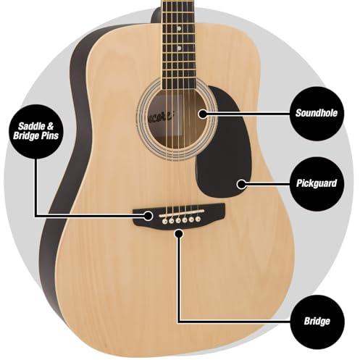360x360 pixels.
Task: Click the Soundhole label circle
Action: click(x=317, y=114)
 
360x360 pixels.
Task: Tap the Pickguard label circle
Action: click(x=317, y=184)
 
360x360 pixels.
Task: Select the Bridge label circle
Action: click(x=317, y=322)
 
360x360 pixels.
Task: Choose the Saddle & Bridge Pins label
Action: click(x=36, y=131)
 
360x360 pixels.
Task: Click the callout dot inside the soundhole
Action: click(x=203, y=114)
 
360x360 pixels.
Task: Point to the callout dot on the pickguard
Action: click(x=241, y=184)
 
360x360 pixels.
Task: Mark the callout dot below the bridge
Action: click(x=178, y=233)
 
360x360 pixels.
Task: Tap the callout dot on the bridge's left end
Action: click(x=148, y=216)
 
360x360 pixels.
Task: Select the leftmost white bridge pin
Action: click(x=165, y=221)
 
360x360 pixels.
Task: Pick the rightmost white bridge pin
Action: click(x=198, y=219)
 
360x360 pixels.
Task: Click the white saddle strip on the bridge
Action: click(x=182, y=214)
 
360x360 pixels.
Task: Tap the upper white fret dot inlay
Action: click(x=179, y=28)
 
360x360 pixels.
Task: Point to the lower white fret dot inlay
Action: click(x=179, y=49)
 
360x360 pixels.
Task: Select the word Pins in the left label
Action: click(x=50, y=135)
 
